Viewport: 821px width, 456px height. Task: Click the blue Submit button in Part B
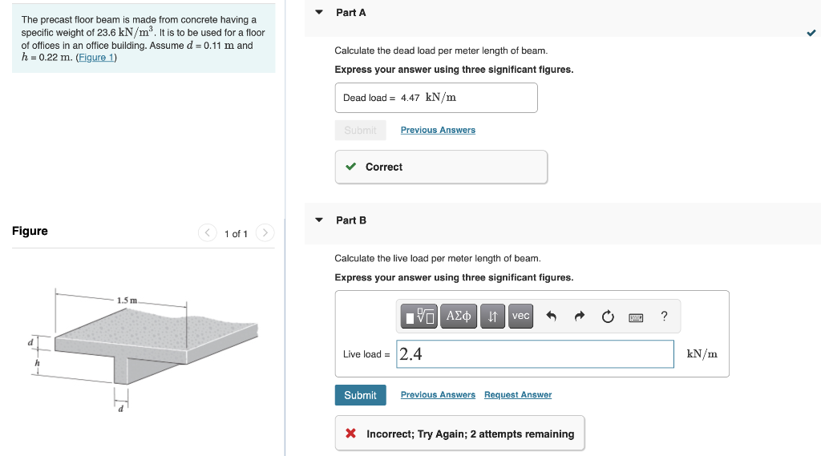(360, 395)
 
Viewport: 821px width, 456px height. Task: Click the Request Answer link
(517, 395)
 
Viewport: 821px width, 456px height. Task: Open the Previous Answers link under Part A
(438, 130)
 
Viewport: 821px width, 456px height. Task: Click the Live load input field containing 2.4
(535, 354)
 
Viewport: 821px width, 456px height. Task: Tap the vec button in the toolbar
(520, 316)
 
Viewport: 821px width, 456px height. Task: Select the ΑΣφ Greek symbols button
(458, 316)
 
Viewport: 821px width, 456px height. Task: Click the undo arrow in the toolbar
(551, 317)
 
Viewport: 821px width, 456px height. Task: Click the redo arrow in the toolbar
(579, 317)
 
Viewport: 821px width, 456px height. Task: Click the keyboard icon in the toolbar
(636, 317)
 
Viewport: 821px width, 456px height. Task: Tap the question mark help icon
(664, 317)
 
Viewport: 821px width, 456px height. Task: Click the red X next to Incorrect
(350, 434)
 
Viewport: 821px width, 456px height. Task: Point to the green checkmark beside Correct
(350, 167)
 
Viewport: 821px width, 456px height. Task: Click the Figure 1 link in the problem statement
(96, 58)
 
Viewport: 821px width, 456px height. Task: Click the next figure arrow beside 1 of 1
(265, 233)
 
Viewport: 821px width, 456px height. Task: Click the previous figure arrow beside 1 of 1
(208, 233)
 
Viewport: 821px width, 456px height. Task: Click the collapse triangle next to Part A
(319, 13)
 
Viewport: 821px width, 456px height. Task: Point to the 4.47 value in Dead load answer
(410, 98)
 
